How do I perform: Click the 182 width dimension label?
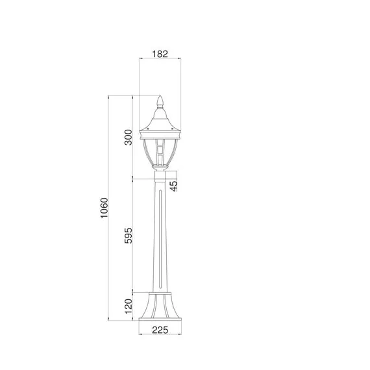160,54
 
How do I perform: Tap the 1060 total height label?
104,208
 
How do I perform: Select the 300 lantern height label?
129,137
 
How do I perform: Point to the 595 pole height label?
129,235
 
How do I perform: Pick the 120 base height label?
129,306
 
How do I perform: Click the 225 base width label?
160,330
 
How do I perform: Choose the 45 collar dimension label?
173,186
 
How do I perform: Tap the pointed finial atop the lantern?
160,101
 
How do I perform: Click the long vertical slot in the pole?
160,239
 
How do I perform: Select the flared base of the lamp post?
160,306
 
